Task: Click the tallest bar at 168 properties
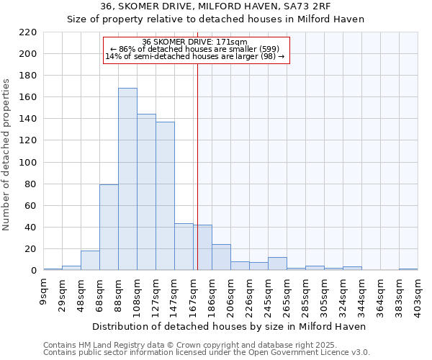[x=127, y=179]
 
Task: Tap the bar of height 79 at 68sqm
[x=109, y=228]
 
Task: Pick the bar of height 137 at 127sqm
[x=165, y=196]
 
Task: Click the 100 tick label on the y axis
[x=28, y=163]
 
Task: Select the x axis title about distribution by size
[x=229, y=326]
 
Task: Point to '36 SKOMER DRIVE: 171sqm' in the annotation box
[x=195, y=42]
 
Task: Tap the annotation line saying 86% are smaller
[x=195, y=49]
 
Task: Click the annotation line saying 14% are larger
[x=195, y=56]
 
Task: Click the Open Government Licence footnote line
[x=207, y=352]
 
